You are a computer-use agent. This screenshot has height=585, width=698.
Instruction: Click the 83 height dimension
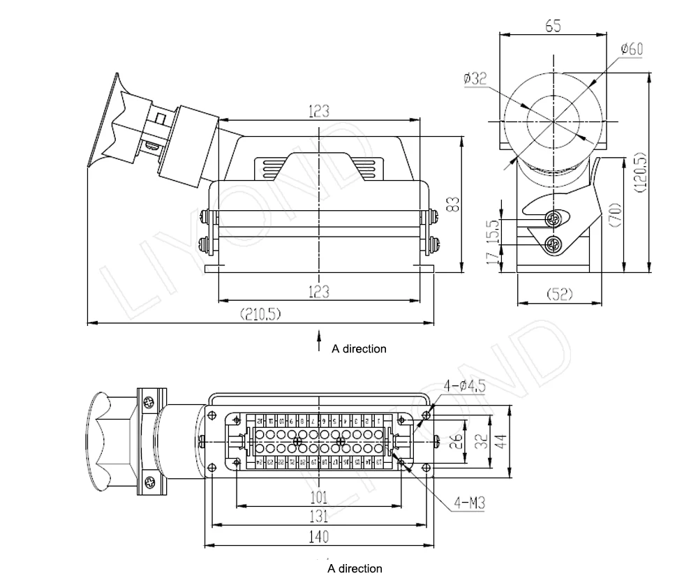click(x=453, y=204)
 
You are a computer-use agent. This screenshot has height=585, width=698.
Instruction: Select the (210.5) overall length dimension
click(x=260, y=314)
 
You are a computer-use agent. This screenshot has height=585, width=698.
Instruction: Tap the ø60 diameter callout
click(x=631, y=49)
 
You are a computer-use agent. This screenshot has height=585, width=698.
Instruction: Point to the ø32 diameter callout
click(x=475, y=79)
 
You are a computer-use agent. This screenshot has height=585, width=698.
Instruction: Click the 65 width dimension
click(x=552, y=26)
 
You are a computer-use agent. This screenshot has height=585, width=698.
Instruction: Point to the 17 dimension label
click(x=494, y=258)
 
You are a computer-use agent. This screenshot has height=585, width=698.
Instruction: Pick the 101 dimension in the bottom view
click(x=319, y=497)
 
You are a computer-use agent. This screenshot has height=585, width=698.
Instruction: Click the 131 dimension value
click(x=319, y=517)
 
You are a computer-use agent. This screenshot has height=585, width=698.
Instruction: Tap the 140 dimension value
click(x=319, y=536)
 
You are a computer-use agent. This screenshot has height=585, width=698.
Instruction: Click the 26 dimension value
click(x=454, y=441)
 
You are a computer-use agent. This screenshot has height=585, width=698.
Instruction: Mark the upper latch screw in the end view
click(x=553, y=220)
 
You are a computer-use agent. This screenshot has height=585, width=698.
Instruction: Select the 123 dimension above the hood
click(x=319, y=111)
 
